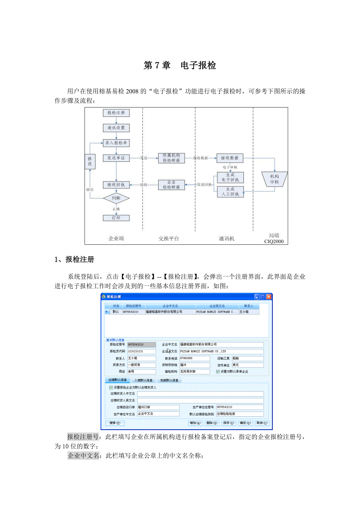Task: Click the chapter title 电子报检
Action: click(x=198, y=66)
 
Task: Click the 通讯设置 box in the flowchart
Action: click(x=116, y=128)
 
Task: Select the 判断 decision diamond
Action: click(x=116, y=198)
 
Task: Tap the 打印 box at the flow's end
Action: click(x=116, y=218)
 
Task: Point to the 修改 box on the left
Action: click(x=90, y=161)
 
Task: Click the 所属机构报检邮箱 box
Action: click(x=171, y=158)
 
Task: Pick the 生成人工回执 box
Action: click(x=230, y=191)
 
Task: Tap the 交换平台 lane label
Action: click(x=169, y=238)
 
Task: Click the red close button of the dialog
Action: click(x=269, y=297)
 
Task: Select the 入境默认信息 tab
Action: click(x=143, y=380)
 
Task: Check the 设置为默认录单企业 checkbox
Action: click(x=218, y=371)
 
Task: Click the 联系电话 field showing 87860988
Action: click(x=194, y=358)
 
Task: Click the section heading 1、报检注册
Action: click(x=74, y=260)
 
